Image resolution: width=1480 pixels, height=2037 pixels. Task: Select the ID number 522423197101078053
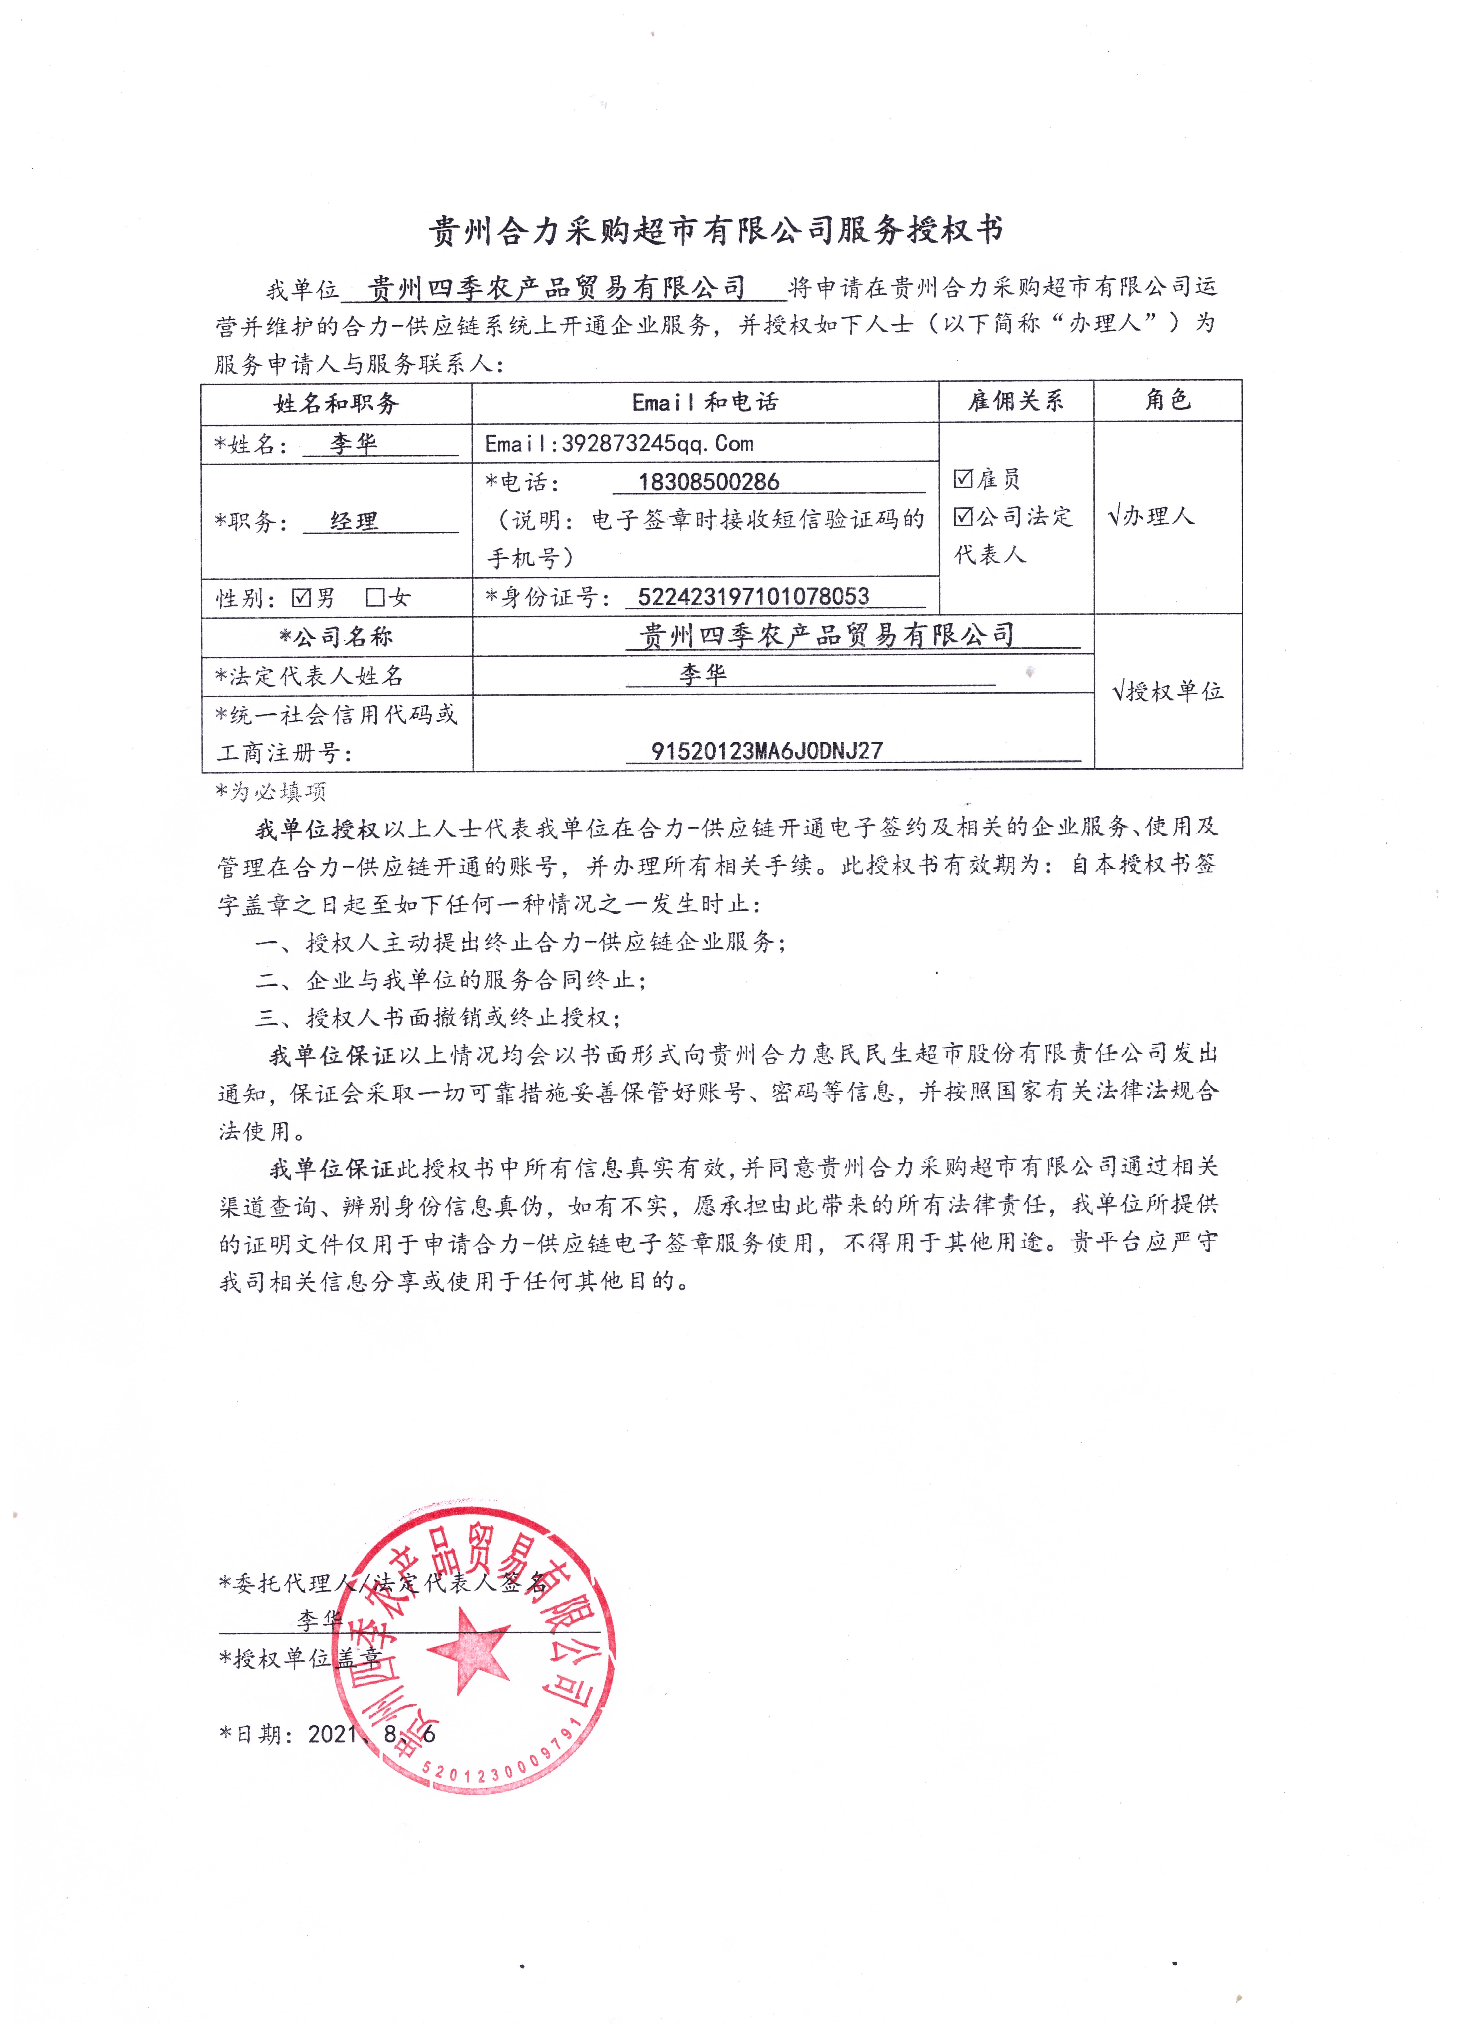752,596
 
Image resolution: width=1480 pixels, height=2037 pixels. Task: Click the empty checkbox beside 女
376,597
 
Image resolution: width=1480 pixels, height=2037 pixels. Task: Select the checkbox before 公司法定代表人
963,517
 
